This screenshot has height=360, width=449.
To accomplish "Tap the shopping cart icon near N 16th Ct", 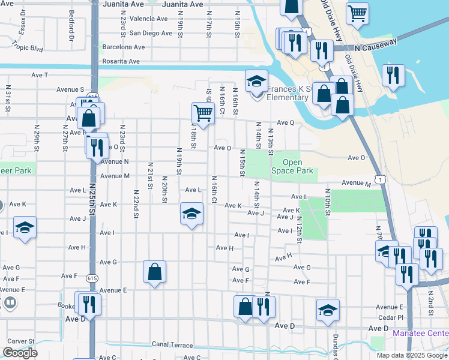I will [203, 113].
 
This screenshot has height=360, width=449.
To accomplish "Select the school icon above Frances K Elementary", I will [256, 81].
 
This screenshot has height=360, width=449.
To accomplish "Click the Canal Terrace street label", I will [172, 345].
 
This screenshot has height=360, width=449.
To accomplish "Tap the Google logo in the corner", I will [20, 353].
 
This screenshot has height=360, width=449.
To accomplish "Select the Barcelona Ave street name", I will [124, 47].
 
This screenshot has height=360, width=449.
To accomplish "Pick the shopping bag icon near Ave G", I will [154, 272].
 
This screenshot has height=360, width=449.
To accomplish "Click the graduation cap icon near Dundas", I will [328, 310].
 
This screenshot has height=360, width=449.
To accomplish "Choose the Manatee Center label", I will [420, 333].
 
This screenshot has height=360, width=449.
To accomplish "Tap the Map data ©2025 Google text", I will [411, 355].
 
